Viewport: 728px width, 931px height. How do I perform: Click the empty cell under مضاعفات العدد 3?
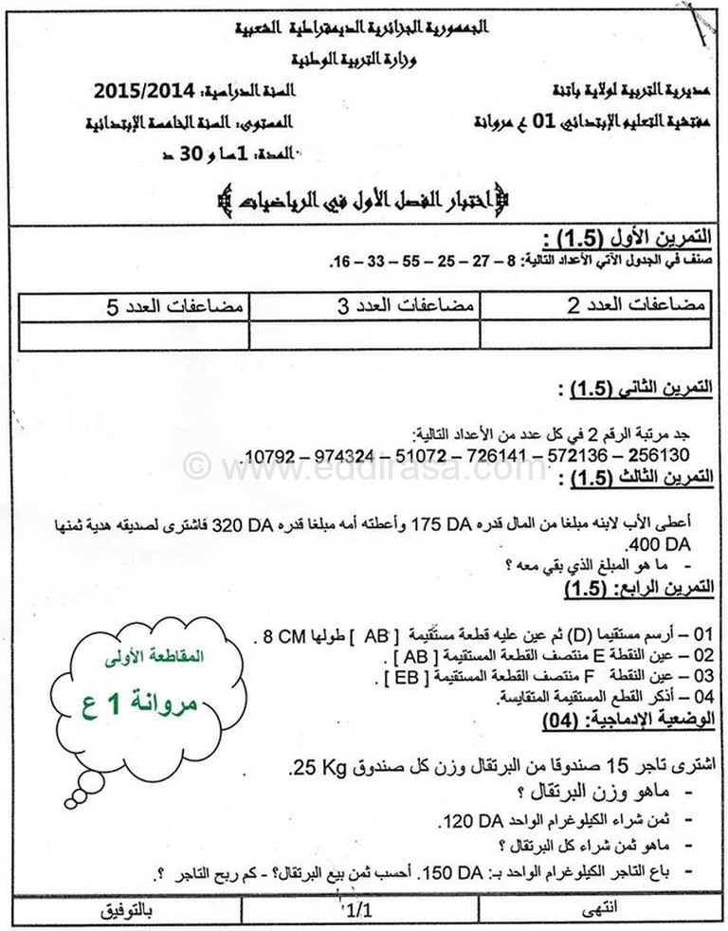click(x=365, y=337)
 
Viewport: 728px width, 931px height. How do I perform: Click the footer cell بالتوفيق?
click(x=125, y=912)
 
